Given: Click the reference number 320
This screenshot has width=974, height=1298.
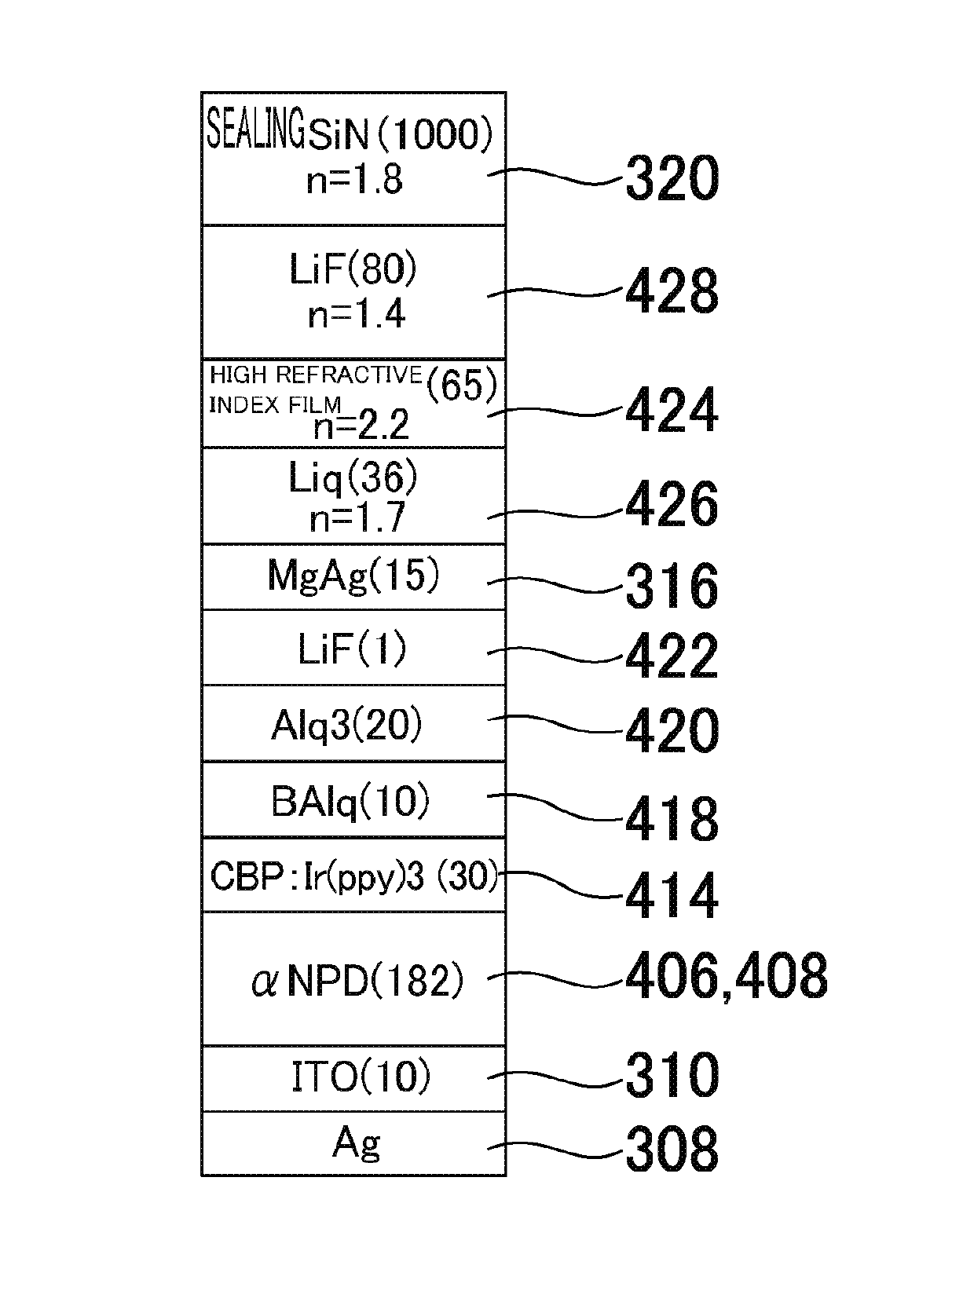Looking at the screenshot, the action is pyautogui.click(x=672, y=179).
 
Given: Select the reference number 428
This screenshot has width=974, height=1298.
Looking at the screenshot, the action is pyautogui.click(x=672, y=291).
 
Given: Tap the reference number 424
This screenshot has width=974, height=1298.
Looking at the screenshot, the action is pyautogui.click(x=672, y=410).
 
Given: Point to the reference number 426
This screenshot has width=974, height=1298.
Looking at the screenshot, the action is pyautogui.click(x=672, y=504).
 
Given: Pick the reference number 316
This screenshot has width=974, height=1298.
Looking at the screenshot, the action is pyautogui.click(x=672, y=586).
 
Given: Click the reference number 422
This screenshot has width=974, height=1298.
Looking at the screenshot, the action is pyautogui.click(x=672, y=656).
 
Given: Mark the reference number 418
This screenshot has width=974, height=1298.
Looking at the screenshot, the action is pyautogui.click(x=672, y=819).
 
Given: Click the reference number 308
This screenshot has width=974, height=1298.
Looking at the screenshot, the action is pyautogui.click(x=672, y=1149).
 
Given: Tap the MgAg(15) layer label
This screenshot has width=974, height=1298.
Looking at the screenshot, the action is pyautogui.click(x=353, y=576).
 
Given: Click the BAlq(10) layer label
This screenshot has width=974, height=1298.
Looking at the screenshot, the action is pyautogui.click(x=350, y=803).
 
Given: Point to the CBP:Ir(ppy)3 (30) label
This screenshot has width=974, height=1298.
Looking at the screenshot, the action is pyautogui.click(x=354, y=876).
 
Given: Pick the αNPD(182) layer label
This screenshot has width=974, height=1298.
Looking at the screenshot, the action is pyautogui.click(x=357, y=982).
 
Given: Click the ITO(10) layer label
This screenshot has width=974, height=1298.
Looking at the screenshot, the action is pyautogui.click(x=361, y=1077).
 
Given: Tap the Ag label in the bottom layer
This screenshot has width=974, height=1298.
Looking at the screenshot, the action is pyautogui.click(x=356, y=1144).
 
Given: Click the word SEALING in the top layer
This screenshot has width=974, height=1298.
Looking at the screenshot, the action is pyautogui.click(x=255, y=130).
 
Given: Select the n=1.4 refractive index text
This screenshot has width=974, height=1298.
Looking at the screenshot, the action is pyautogui.click(x=356, y=315).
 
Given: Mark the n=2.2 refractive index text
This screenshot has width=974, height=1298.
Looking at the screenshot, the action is pyautogui.click(x=361, y=426).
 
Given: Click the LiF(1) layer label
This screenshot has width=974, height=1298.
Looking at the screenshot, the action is pyautogui.click(x=352, y=650).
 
